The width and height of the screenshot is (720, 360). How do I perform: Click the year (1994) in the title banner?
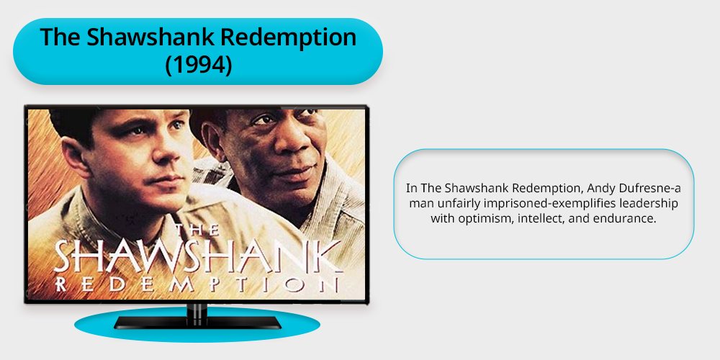coord(199,65)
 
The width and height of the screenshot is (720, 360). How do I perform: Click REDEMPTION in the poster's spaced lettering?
coord(198,284)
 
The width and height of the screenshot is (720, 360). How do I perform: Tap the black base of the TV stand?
coord(197,323)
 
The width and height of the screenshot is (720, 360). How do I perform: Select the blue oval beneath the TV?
coord(197,325)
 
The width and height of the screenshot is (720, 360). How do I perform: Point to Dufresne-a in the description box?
coord(632,188)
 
